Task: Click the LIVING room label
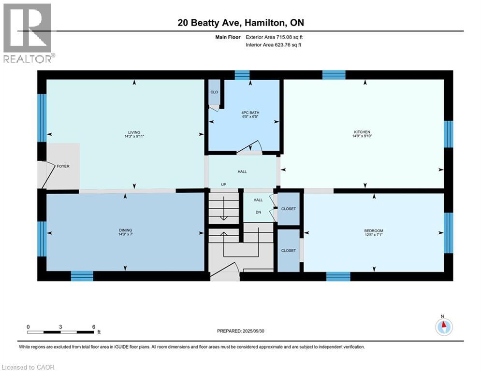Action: [134, 132]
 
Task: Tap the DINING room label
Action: [125, 230]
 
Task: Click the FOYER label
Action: [63, 166]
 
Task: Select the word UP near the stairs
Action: [223, 184]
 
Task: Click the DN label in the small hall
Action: [258, 211]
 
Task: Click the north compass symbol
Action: [443, 327]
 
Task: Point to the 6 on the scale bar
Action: [93, 327]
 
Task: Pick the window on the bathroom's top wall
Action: [242, 75]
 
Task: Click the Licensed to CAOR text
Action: [29, 367]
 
